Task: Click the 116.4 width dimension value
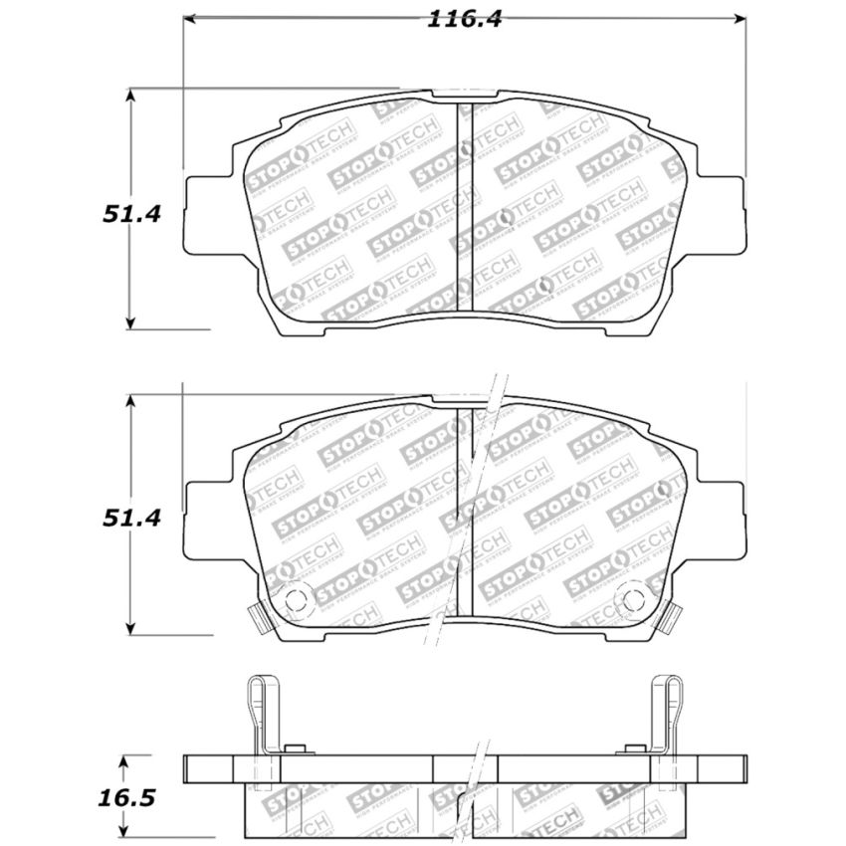click(464, 19)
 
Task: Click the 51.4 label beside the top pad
click(128, 212)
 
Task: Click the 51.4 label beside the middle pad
click(128, 518)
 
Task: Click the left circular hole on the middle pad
click(296, 599)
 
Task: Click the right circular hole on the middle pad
click(632, 599)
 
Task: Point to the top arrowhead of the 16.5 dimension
click(123, 760)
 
